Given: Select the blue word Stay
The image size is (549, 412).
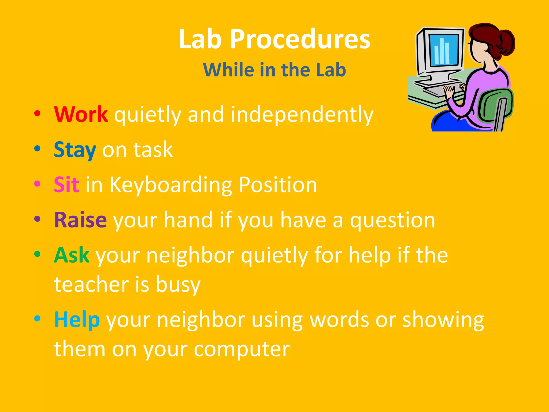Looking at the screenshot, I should coord(75,150).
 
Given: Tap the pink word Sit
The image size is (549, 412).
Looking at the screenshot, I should coord(66,185).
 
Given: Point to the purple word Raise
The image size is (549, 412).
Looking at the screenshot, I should coord(80,220).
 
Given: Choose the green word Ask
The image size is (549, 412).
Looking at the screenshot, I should coord(72,255).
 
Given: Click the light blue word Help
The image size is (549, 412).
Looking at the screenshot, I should coord(77,320).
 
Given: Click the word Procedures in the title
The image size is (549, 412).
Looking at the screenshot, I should coord(300,39).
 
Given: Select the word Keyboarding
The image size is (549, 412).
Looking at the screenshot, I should coord(171,185).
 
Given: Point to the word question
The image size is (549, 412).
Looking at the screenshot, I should coord(392,220).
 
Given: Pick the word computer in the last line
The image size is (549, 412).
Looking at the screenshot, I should coord(242,349).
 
